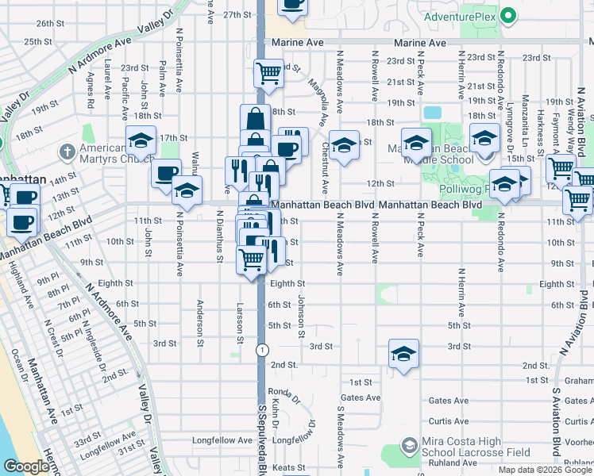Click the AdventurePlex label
tap(461, 16)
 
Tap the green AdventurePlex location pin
tap(511, 15)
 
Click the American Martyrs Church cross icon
tap(68, 151)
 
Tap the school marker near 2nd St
tap(403, 354)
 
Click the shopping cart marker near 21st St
tap(269, 73)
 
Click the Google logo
tap(27, 466)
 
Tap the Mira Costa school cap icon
tap(410, 446)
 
